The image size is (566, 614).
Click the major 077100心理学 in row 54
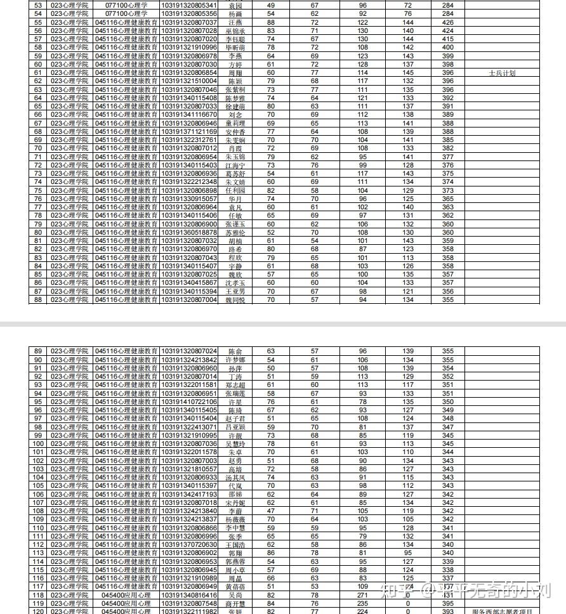pyautogui.click(x=126, y=14)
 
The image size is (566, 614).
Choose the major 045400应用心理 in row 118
pyautogui.click(x=126, y=595)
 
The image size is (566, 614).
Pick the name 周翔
pyautogui.click(x=235, y=73)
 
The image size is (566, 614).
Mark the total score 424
pyautogui.click(x=448, y=31)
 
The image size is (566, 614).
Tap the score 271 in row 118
pyautogui.click(x=363, y=595)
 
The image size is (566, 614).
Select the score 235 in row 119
pyautogui.click(x=363, y=603)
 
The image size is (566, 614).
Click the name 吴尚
pyautogui.click(x=235, y=595)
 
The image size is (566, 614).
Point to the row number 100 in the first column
pyautogui.click(x=38, y=444)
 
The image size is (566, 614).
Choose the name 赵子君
pyautogui.click(x=235, y=419)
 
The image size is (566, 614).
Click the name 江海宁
pyautogui.click(x=235, y=165)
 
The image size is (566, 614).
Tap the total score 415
pyautogui.click(x=448, y=39)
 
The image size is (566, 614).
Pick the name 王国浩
pyautogui.click(x=235, y=544)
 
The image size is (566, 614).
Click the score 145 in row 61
pyautogui.click(x=408, y=73)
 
